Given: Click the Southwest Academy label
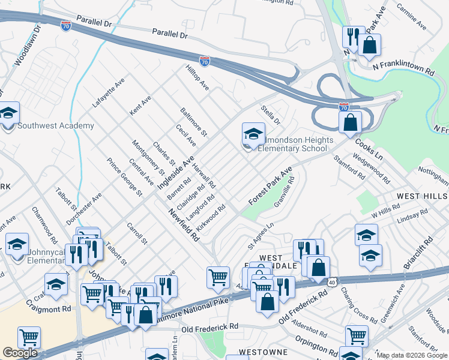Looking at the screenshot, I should [x=56, y=125].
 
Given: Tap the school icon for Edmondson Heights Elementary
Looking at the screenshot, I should [x=253, y=134].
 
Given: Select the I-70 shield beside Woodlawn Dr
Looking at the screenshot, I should [x=66, y=26].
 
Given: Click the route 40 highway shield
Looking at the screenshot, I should [x=331, y=281].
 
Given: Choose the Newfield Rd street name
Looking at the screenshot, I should [x=183, y=225].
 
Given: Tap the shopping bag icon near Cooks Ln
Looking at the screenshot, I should [x=350, y=122].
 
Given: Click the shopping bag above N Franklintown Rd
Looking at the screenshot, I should [x=370, y=44].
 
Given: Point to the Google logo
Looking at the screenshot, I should [x=20, y=352].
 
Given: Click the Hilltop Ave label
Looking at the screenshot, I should [x=197, y=78].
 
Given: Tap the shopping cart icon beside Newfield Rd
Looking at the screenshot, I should [x=218, y=277].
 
